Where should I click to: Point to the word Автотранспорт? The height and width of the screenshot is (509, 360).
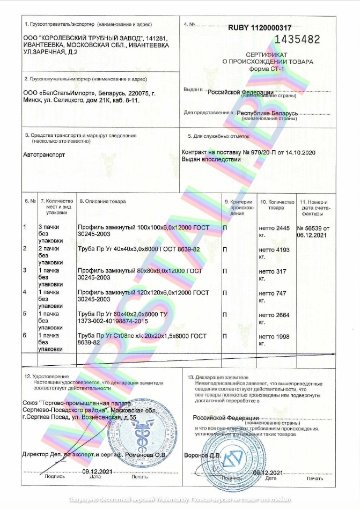pyautogui.click(x=44, y=154)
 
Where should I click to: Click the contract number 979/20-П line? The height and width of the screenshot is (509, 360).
pyautogui.click(x=248, y=153)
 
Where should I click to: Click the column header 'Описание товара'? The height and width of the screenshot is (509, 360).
pyautogui.click(x=102, y=201)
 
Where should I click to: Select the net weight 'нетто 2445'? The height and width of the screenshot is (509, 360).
pyautogui.click(x=274, y=228)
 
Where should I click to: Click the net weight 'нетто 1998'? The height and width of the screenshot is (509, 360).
pyautogui.click(x=274, y=336)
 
